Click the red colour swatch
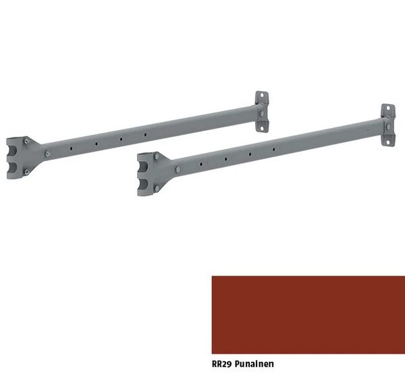[308, 315]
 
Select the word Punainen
[254, 364]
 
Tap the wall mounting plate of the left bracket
[262, 111]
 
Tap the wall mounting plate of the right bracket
[388, 125]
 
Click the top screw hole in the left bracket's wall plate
[262, 95]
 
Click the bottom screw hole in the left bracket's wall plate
[262, 128]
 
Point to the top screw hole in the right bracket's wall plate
[388, 109]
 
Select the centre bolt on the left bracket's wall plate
[261, 114]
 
